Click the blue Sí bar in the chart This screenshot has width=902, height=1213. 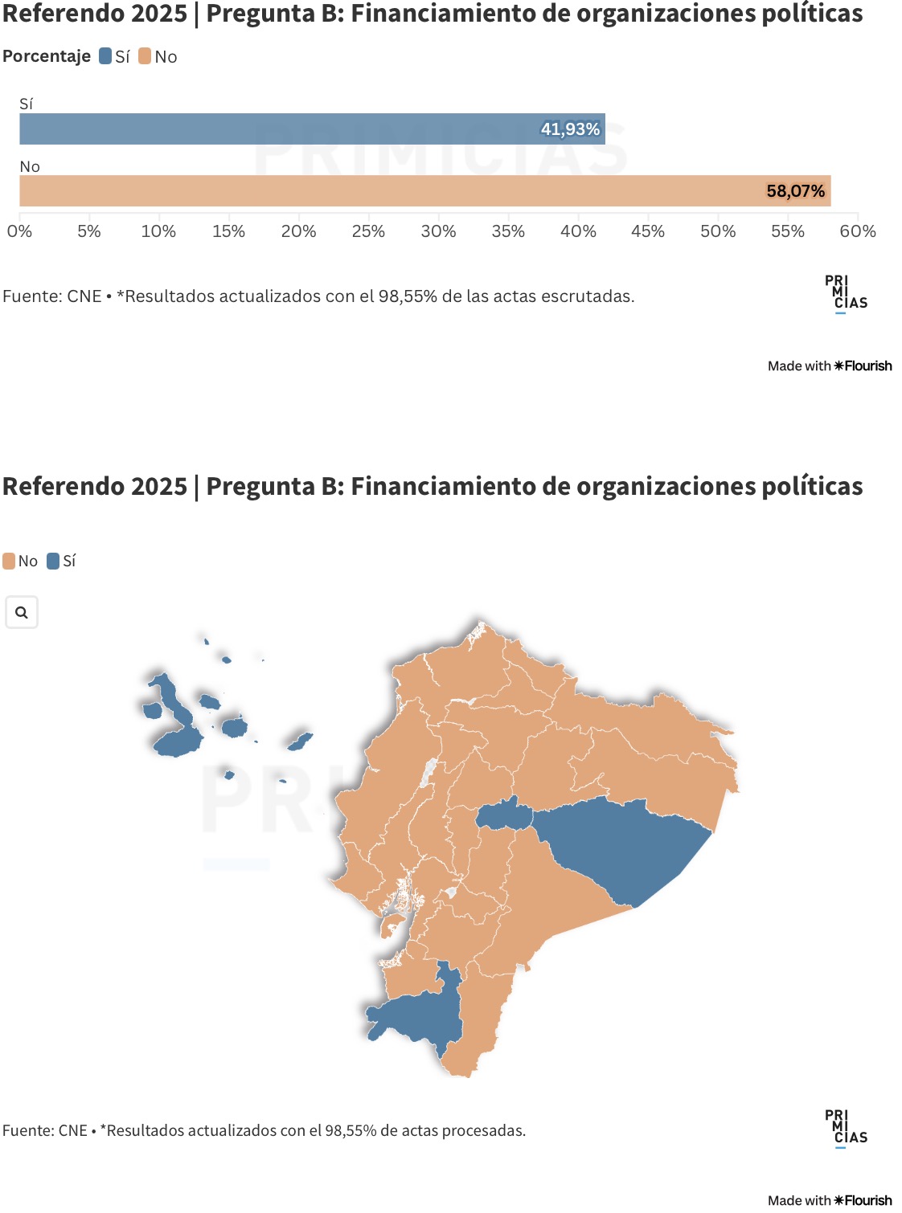(x=312, y=129)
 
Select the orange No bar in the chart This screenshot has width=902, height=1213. (x=424, y=191)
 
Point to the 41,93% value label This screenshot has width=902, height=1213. (x=570, y=129)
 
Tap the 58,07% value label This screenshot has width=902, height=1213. (x=795, y=191)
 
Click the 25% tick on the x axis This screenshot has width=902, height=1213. (x=368, y=231)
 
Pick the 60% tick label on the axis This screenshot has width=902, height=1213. (x=858, y=231)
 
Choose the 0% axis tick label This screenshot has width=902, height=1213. (x=19, y=231)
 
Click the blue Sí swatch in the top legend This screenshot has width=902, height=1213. (x=105, y=56)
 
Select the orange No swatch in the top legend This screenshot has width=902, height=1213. (x=145, y=56)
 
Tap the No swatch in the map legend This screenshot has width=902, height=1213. (x=9, y=561)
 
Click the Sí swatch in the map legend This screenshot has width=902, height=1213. (x=53, y=561)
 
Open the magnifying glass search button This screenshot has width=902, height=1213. (x=22, y=612)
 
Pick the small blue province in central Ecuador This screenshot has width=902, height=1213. (x=505, y=816)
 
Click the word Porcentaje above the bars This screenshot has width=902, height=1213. (x=47, y=56)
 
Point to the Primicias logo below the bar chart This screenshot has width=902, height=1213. (x=845, y=293)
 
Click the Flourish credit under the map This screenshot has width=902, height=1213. (x=830, y=1200)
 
